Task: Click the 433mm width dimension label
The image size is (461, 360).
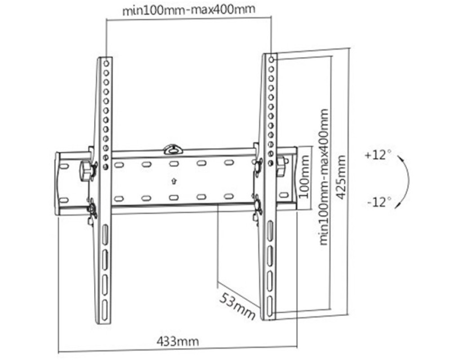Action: (x=177, y=341)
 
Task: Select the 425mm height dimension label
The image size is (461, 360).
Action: (x=341, y=177)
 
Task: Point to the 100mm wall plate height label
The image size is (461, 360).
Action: (x=304, y=176)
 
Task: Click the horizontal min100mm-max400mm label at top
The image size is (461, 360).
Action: (x=189, y=10)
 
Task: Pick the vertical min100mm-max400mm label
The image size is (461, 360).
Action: (x=323, y=176)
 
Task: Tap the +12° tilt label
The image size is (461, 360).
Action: (x=378, y=154)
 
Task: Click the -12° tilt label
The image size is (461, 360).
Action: (x=379, y=202)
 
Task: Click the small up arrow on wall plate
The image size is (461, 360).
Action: (x=174, y=181)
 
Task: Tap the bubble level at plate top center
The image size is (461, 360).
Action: (x=173, y=149)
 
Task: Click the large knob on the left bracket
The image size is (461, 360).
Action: (x=86, y=171)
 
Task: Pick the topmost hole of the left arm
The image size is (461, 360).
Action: (x=106, y=63)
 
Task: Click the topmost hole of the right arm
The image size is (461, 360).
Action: (x=271, y=60)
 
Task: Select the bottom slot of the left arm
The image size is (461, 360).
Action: (x=104, y=310)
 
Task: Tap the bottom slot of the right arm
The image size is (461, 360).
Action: (x=270, y=306)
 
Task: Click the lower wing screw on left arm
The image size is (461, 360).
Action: (x=92, y=209)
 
